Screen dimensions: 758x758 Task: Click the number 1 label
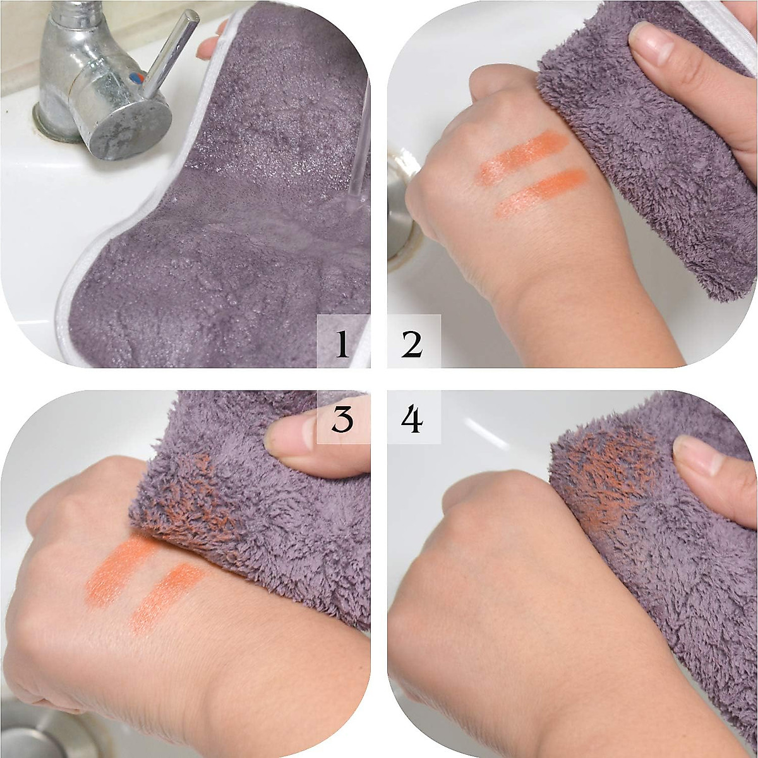(342, 344)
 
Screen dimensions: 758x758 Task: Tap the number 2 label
(412, 344)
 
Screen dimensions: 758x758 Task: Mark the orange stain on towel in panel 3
(189, 499)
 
